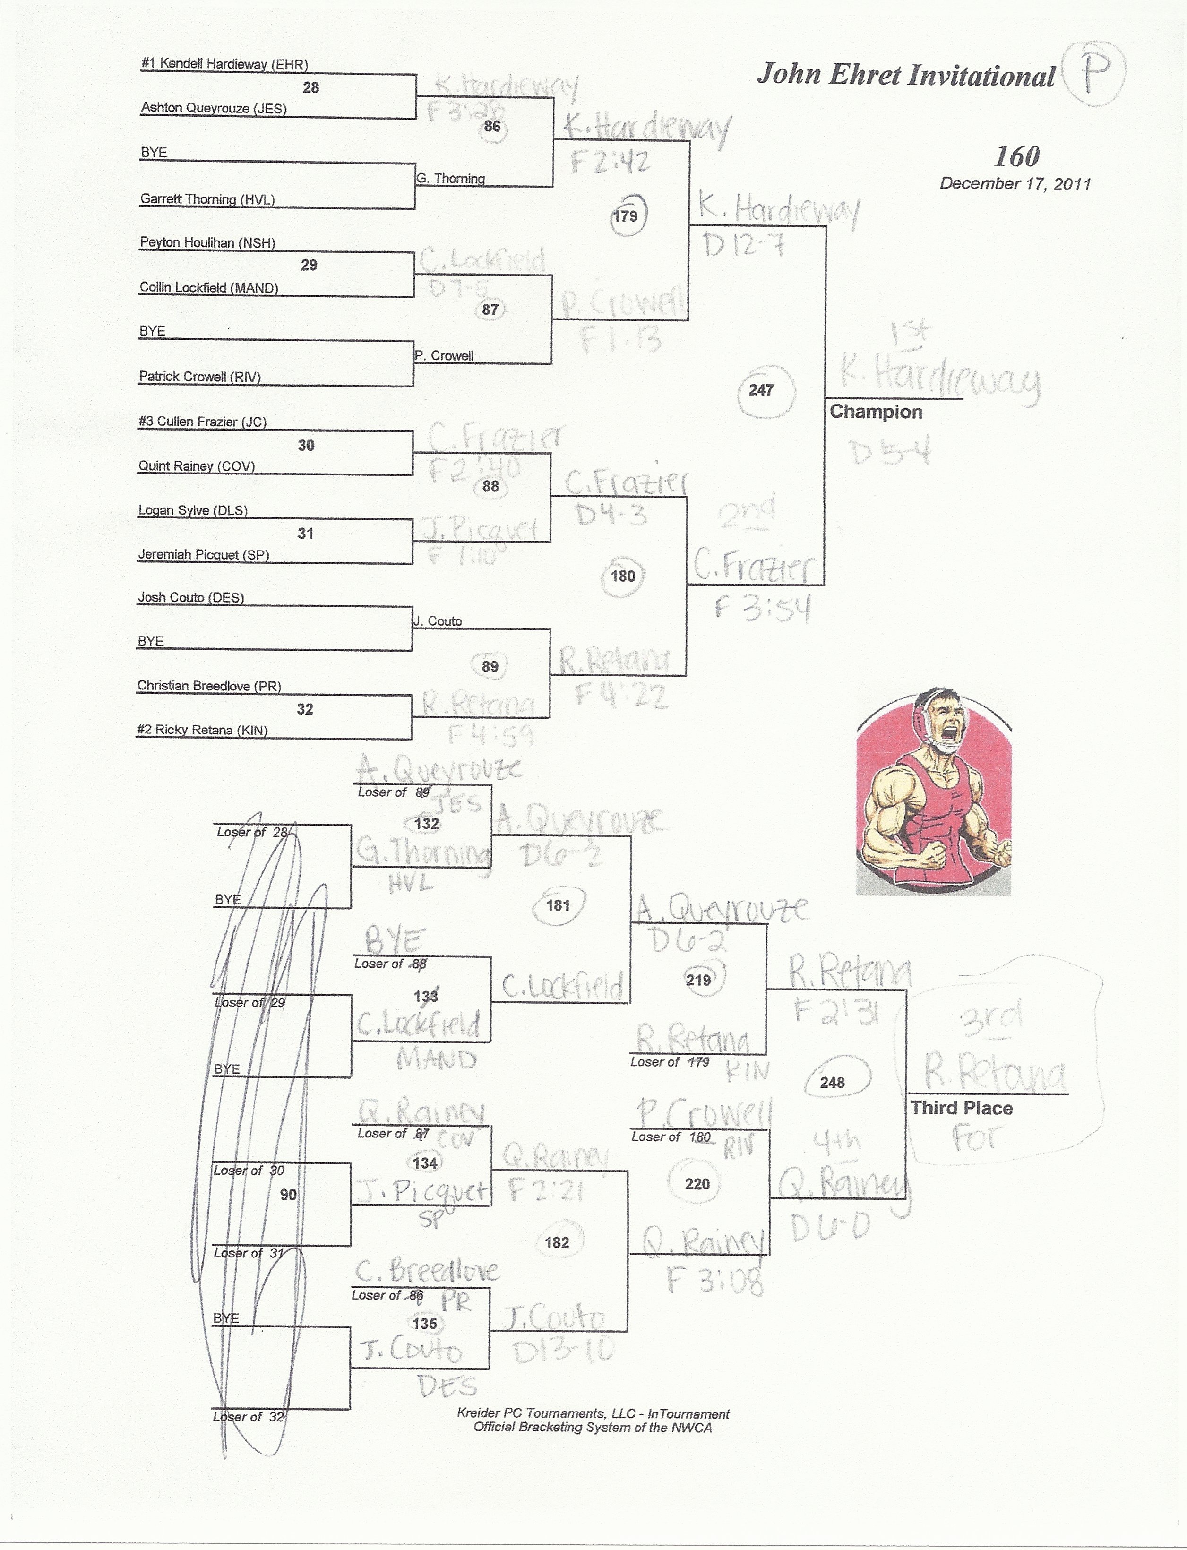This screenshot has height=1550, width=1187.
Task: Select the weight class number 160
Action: tap(1017, 156)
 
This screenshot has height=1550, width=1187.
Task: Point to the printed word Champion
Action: tap(876, 412)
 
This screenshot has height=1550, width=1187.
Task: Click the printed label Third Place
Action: tap(961, 1108)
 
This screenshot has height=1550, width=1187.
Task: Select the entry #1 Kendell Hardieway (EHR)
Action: tap(224, 64)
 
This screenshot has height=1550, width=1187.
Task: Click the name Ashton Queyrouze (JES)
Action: tap(214, 108)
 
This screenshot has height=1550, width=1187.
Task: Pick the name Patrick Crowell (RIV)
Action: tap(199, 377)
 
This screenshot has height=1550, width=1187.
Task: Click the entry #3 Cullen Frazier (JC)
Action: tap(202, 422)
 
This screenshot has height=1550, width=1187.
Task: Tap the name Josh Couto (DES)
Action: tap(191, 598)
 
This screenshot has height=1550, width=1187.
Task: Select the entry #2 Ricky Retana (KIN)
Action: tap(202, 730)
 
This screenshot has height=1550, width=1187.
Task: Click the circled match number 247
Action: tap(761, 389)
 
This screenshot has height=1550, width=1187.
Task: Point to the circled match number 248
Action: tap(832, 1082)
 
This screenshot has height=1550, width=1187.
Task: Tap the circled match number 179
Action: tap(625, 215)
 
